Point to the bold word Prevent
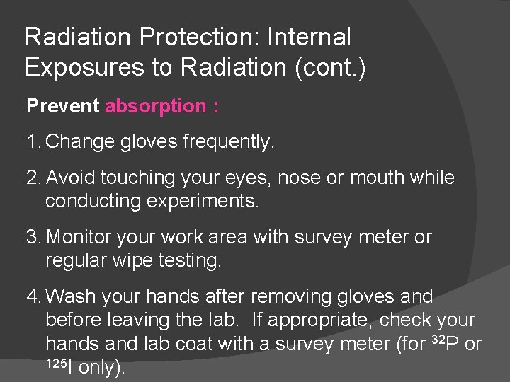pyautogui.click(x=63, y=106)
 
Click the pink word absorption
pyautogui.click(x=154, y=107)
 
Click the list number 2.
pyautogui.click(x=33, y=178)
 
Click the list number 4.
pyautogui.click(x=33, y=296)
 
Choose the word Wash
pyautogui.click(x=69, y=296)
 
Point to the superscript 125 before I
pyautogui.click(x=56, y=363)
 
